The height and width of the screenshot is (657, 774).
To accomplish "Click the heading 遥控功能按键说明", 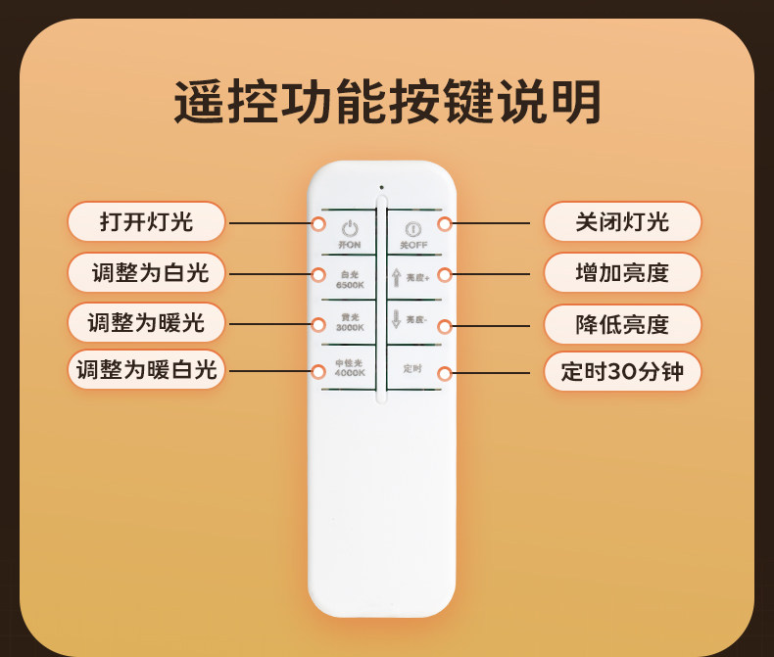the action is click(387, 103).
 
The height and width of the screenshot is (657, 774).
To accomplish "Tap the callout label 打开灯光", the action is click(146, 222).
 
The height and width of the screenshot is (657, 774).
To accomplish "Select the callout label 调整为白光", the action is click(146, 273).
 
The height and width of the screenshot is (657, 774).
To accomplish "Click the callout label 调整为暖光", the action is click(146, 323).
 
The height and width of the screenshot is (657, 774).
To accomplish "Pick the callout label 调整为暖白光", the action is click(146, 370).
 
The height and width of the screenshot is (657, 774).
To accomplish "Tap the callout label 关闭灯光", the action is click(622, 222).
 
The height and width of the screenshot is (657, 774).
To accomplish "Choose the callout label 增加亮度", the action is click(622, 273).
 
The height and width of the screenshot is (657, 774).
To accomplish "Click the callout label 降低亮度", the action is click(622, 324).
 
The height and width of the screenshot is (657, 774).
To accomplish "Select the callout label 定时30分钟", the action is click(622, 372).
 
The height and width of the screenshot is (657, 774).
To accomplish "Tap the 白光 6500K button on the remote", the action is click(350, 280).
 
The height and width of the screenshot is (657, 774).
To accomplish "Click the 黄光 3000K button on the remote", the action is click(350, 323).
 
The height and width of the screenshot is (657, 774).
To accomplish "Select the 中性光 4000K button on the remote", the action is click(350, 368).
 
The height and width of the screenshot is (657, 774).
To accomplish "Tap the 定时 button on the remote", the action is click(412, 368).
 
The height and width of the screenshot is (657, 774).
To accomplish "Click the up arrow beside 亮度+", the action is click(397, 277).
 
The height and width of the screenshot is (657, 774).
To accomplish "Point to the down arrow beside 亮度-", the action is click(397, 319).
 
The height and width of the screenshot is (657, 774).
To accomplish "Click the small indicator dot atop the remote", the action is click(381, 187).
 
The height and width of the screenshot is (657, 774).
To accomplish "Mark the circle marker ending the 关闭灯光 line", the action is click(445, 224).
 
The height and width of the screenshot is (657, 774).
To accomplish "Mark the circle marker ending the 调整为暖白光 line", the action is click(318, 371).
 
